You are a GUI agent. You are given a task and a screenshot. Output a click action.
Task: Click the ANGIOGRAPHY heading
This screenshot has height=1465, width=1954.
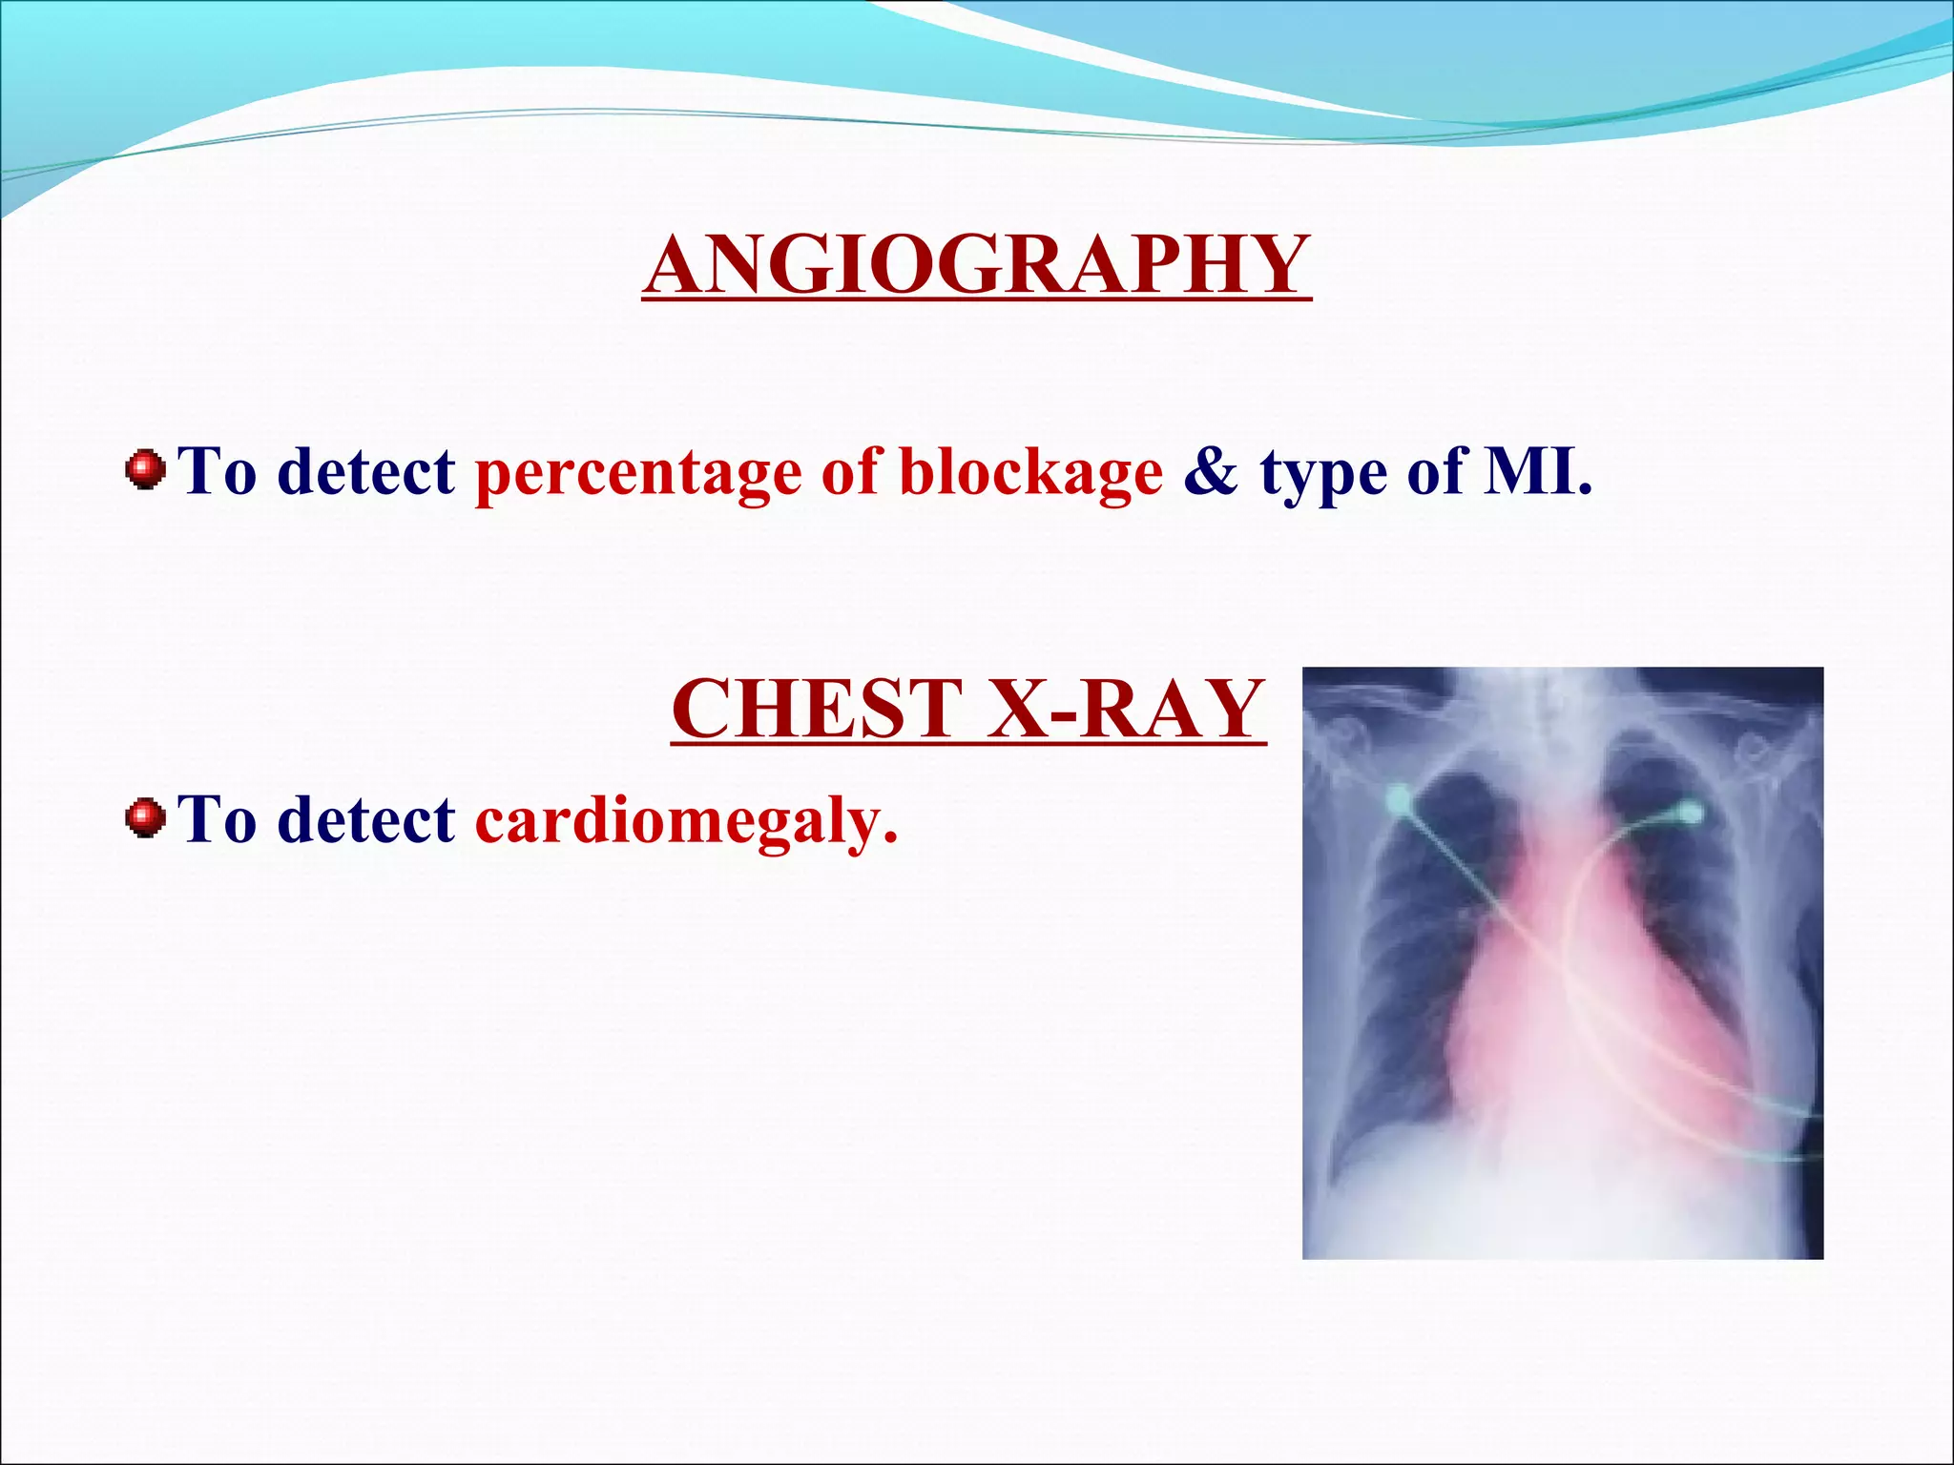coord(976,264)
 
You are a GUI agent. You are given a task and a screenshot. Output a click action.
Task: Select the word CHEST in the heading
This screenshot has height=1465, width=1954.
coord(817,708)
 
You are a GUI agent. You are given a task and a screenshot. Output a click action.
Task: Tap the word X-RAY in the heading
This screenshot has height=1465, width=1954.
coord(1126,708)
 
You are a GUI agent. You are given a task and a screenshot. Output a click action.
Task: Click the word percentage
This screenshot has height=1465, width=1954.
coord(638,472)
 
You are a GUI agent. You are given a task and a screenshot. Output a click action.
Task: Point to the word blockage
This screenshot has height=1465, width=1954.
coord(1030,472)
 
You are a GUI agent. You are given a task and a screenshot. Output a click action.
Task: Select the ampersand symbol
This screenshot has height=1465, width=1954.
coord(1211,472)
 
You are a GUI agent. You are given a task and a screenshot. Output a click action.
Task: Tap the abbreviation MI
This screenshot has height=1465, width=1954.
coord(1536,472)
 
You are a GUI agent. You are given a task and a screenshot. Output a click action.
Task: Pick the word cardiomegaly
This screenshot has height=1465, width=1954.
coord(686,820)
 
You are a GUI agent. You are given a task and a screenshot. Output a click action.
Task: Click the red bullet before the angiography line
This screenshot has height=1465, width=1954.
coord(145,470)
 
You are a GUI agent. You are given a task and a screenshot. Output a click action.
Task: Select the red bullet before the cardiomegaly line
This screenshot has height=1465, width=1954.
coord(145,818)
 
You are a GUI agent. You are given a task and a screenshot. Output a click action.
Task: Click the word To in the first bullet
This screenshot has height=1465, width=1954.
coord(218,472)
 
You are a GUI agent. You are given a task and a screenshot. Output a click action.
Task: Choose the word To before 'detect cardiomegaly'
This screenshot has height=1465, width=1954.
coord(218,820)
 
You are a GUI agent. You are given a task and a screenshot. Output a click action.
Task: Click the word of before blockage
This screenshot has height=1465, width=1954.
coord(849,472)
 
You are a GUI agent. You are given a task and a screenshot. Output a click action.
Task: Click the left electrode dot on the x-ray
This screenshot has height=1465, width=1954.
coord(1398,796)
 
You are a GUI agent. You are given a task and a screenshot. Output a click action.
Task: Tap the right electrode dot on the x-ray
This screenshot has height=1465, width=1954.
coord(1689,813)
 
